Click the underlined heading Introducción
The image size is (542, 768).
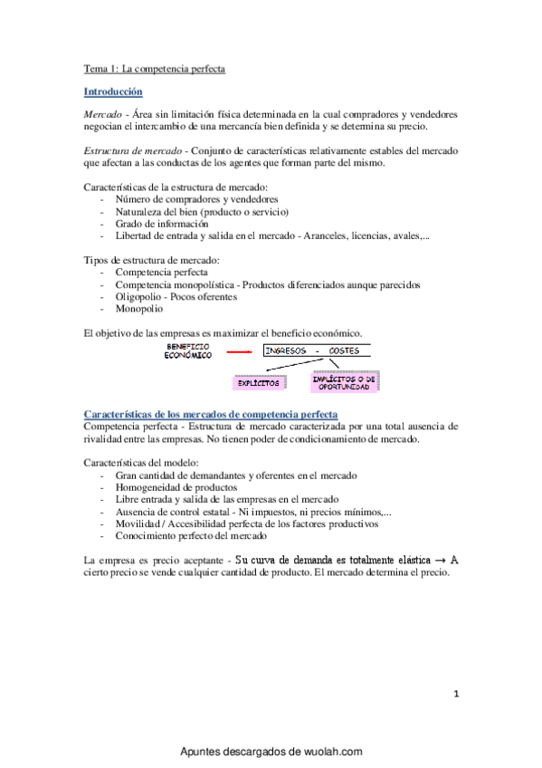112,91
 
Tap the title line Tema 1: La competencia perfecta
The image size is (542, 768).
155,68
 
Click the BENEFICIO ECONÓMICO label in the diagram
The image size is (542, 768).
187,351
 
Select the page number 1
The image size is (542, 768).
457,695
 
